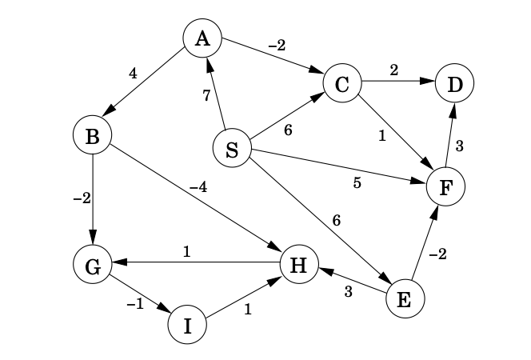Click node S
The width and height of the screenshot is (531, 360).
point(232,150)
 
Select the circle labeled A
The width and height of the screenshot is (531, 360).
point(202,38)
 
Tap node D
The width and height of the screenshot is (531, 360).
point(454,83)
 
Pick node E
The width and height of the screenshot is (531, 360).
point(405,299)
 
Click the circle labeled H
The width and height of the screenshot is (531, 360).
point(299,265)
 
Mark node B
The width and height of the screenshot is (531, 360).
point(92,136)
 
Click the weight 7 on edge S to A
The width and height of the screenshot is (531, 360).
point(206,96)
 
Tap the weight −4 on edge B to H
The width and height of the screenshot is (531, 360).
point(198,187)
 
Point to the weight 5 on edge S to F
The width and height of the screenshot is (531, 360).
point(357,182)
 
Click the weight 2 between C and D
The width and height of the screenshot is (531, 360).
point(393,70)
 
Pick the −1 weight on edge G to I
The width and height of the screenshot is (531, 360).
point(134,304)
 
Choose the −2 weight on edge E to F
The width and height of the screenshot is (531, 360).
point(437,254)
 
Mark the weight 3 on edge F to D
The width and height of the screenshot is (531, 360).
point(459,145)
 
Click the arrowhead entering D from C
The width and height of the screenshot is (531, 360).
point(429,82)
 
